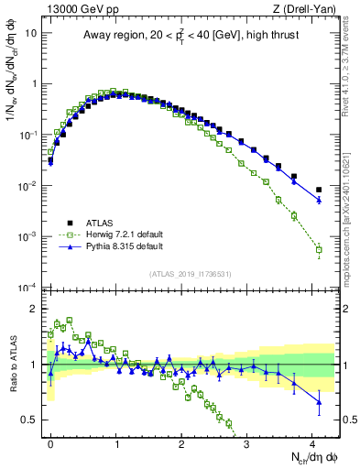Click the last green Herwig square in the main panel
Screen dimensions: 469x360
pos(319,249)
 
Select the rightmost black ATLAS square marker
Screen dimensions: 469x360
pos(319,190)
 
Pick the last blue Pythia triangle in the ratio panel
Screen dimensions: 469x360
pos(319,401)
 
